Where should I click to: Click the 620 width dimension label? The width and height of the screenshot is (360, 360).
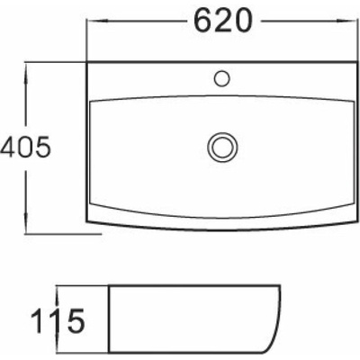tap(222, 20)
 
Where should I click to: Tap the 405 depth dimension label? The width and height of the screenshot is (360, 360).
tap(25, 148)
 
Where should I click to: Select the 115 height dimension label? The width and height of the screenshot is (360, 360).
tap(58, 321)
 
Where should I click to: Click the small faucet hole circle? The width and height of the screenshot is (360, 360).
tap(222, 78)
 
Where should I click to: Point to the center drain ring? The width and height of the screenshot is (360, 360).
tap(222, 148)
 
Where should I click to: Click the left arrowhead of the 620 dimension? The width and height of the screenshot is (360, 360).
tap(96, 21)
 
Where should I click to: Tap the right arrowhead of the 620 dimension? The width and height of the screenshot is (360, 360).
tap(346, 21)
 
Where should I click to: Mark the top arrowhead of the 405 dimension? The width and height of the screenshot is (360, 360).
tap(26, 74)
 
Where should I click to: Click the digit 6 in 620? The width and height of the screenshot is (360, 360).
tap(203, 20)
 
